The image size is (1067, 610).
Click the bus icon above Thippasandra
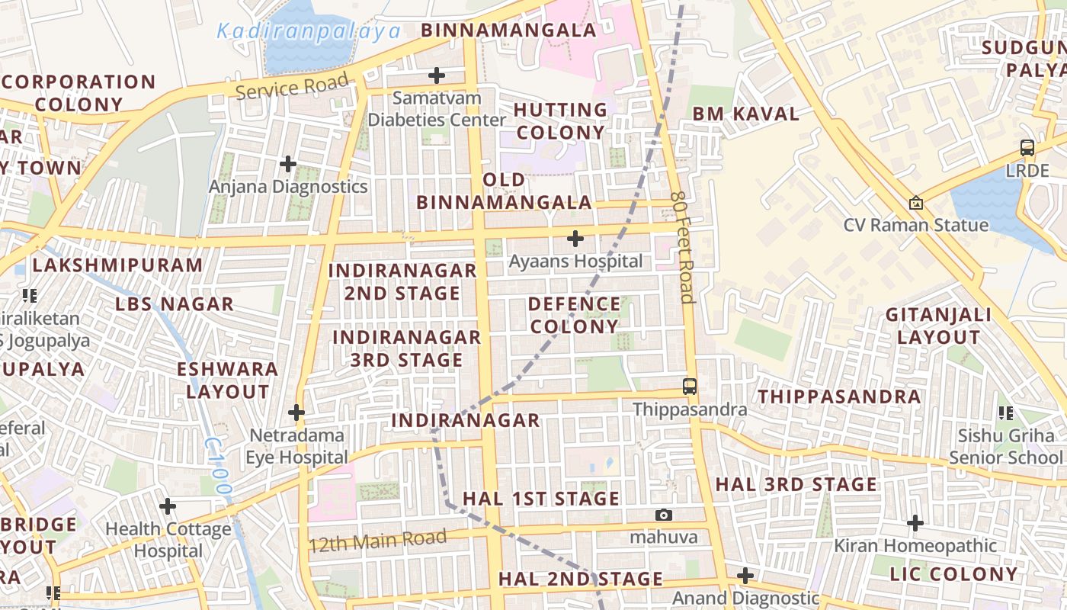(x=690, y=387)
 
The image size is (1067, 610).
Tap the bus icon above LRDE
(x=1027, y=148)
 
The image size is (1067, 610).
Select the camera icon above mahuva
(x=664, y=515)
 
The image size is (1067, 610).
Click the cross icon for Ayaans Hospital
(x=575, y=239)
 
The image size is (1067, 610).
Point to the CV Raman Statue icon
(x=916, y=203)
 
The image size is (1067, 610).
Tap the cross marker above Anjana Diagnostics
(x=288, y=164)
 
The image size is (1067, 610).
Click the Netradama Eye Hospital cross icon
(x=296, y=413)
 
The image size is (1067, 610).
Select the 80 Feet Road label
(x=683, y=247)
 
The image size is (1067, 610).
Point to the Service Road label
(x=292, y=86)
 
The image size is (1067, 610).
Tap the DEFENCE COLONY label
(x=575, y=315)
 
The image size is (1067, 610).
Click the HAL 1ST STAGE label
(x=541, y=499)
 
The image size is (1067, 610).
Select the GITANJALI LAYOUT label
(x=938, y=326)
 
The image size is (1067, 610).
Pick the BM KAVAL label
(x=745, y=114)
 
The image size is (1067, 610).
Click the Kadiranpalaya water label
(x=309, y=31)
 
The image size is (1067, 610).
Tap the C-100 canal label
(x=219, y=465)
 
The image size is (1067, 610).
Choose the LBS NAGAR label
(x=175, y=304)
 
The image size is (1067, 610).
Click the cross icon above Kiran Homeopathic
(x=915, y=523)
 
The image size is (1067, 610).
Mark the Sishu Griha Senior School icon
(x=1005, y=413)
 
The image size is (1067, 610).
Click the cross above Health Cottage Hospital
(x=168, y=506)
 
